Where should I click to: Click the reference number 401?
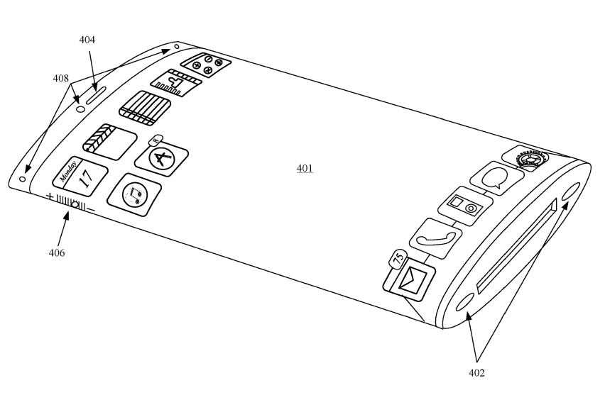coord(305,168)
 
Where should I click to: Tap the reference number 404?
coord(87,40)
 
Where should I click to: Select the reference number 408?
coord(60,79)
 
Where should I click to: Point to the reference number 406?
coord(57,252)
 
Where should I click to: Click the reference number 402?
coord(476,372)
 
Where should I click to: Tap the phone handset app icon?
coord(435,238)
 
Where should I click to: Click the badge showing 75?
coord(398,259)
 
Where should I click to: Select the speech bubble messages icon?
coord(497,179)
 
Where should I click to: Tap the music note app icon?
coord(134,194)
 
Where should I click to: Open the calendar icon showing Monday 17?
coord(80,176)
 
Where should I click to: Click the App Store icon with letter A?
coord(162,158)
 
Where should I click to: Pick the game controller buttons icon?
coord(206,65)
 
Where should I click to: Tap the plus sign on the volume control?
coord(50,196)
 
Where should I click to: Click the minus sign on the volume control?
coord(91,210)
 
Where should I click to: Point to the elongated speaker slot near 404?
coord(96,95)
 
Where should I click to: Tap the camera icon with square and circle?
coord(465,206)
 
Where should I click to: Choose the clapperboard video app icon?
coord(110,142)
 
